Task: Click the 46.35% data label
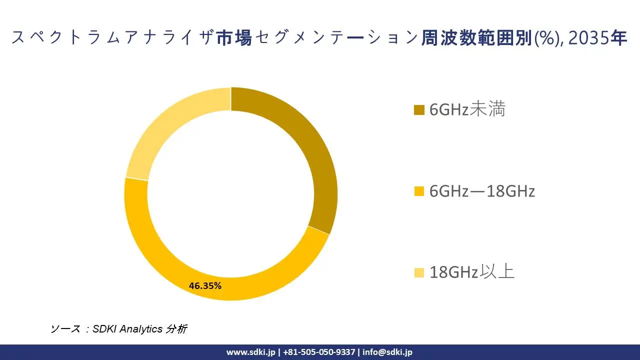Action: (x=205, y=286)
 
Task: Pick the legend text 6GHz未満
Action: (x=467, y=109)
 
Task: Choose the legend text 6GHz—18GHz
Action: (x=482, y=191)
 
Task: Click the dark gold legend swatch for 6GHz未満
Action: (x=419, y=110)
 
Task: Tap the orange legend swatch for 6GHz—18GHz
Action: (x=419, y=191)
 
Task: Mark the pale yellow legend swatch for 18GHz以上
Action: (x=419, y=272)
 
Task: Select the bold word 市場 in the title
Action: (x=234, y=38)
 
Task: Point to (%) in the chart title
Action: (x=546, y=38)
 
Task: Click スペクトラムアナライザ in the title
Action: (x=113, y=38)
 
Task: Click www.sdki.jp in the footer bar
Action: (x=250, y=352)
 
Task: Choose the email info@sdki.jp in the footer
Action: (x=387, y=352)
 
